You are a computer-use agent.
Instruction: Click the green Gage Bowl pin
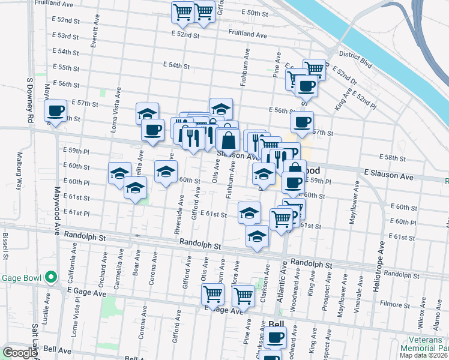51,278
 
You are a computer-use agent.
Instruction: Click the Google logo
19,353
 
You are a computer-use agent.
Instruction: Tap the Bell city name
276,324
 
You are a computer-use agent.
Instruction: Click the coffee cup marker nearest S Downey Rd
56,112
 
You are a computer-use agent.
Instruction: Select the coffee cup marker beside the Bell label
276,338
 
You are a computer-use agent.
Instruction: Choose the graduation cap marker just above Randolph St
257,236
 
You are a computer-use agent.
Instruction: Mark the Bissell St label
5,247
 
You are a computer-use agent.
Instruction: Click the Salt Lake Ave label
35,341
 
